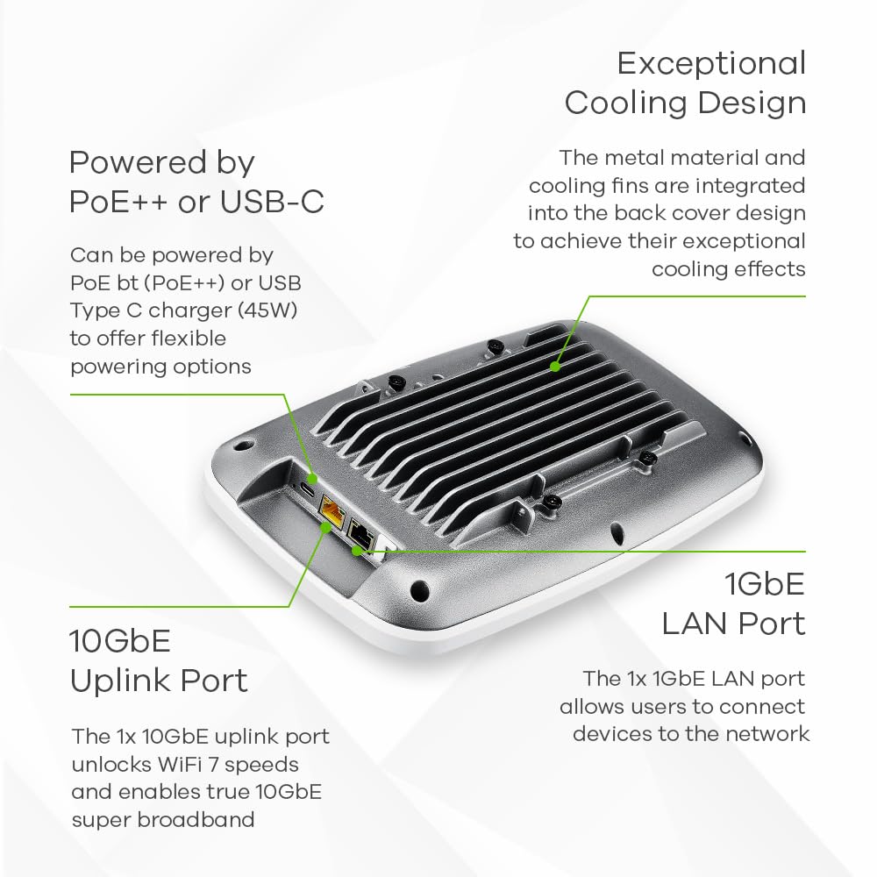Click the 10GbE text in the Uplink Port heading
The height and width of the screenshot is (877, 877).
point(120,640)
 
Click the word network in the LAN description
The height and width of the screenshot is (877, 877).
point(761,733)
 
